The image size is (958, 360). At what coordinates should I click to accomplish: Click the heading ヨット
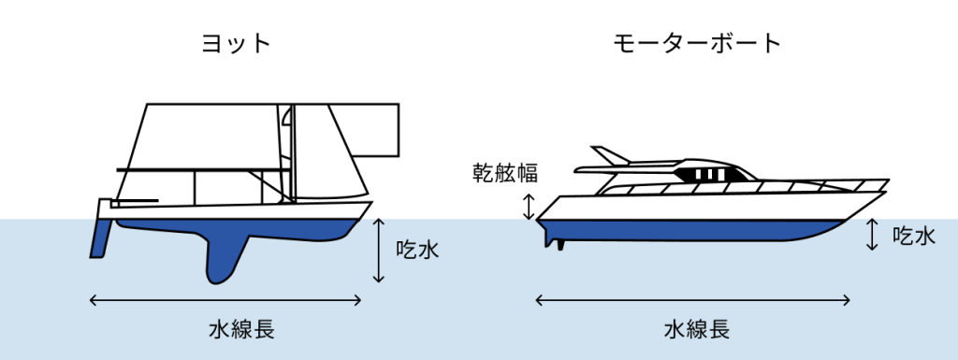(x=236, y=43)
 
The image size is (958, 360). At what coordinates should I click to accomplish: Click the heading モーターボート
(x=697, y=43)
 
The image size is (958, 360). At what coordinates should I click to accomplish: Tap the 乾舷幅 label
(x=505, y=173)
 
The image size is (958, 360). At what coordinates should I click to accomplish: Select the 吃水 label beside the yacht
(x=417, y=250)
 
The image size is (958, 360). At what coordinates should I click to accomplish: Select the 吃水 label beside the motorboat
(x=913, y=235)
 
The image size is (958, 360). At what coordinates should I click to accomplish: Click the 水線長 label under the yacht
(x=241, y=330)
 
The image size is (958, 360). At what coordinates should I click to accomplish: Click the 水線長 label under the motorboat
(x=696, y=330)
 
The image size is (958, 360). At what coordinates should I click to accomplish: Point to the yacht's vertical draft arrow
(x=379, y=251)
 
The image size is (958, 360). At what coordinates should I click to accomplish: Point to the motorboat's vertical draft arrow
(x=873, y=235)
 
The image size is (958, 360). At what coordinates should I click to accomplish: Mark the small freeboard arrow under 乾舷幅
(x=528, y=207)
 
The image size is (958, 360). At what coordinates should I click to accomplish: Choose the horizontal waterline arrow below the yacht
(x=225, y=299)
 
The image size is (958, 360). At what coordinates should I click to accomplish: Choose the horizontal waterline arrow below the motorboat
(x=693, y=299)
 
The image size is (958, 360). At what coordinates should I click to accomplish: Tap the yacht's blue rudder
(x=100, y=238)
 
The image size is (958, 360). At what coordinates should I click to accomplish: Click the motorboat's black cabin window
(x=709, y=174)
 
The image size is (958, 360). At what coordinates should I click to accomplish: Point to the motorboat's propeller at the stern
(x=559, y=244)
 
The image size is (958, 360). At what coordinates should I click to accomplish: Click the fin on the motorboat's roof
(x=610, y=155)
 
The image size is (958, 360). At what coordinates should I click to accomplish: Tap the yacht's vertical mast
(x=292, y=152)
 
